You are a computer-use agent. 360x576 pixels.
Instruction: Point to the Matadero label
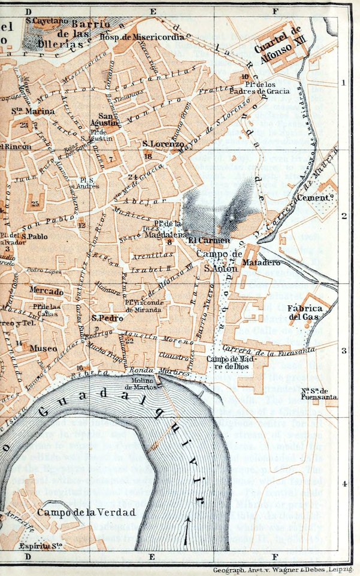259,262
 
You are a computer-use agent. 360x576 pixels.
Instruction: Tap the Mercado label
46,291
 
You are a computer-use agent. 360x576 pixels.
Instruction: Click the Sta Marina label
33,111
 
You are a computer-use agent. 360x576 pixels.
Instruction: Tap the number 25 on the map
35,204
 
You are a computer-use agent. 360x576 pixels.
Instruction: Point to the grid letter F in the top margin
276,11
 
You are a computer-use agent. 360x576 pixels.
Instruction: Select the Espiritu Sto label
40,546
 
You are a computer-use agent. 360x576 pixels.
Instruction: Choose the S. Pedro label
107,318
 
